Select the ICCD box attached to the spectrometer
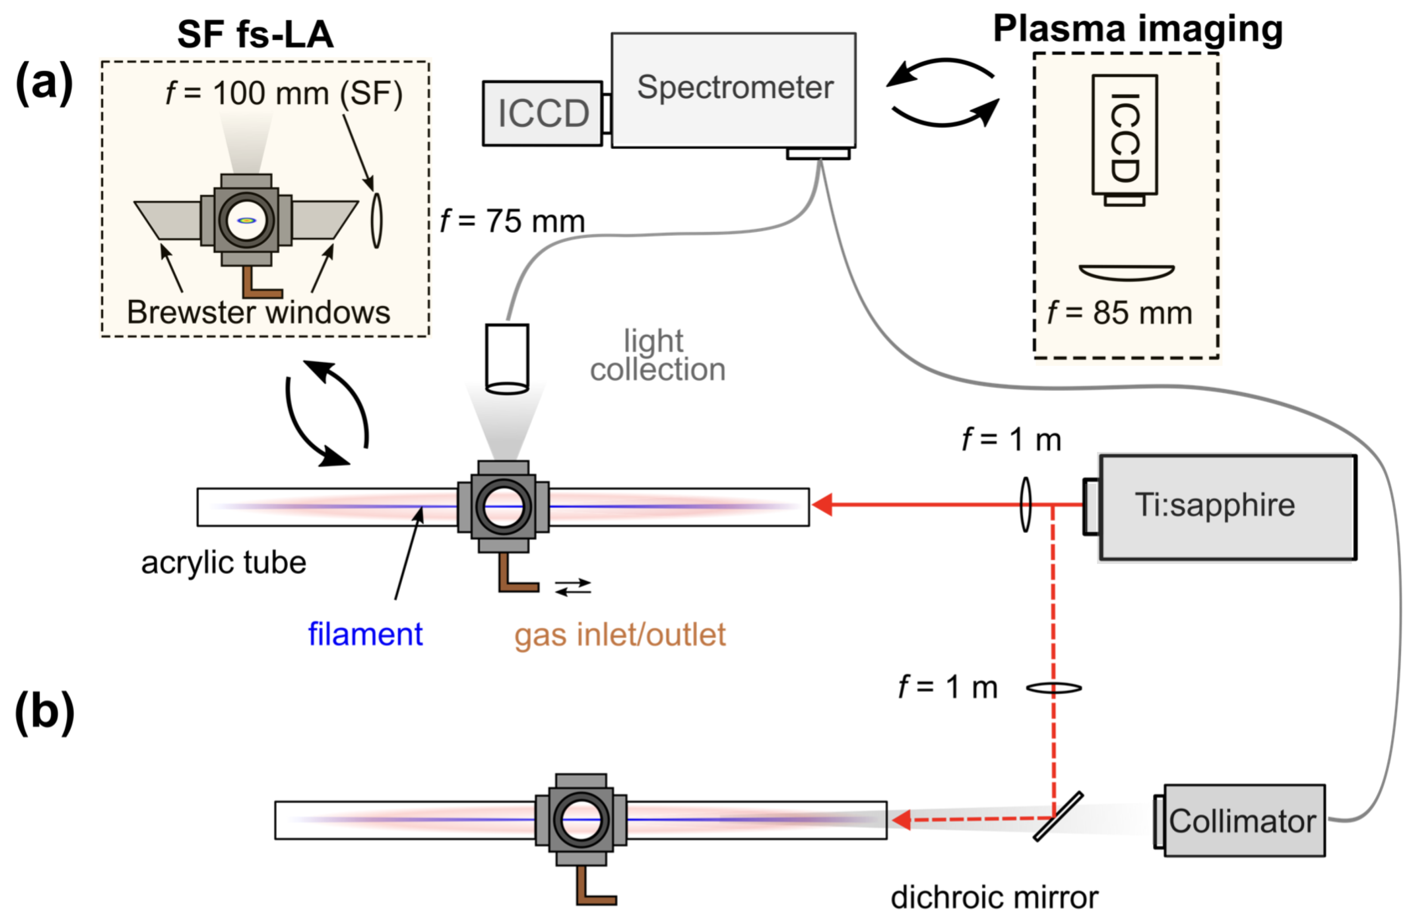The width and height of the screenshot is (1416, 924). click(x=542, y=113)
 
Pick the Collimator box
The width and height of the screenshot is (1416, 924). click(x=1244, y=821)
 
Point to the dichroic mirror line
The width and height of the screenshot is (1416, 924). click(x=1058, y=816)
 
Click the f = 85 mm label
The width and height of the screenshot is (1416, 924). click(x=1119, y=313)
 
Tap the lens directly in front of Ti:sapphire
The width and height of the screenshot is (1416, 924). click(x=1025, y=505)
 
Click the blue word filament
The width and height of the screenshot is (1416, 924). click(x=365, y=634)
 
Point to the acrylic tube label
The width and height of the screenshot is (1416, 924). click(x=223, y=562)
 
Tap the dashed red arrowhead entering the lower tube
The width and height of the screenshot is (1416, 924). click(x=901, y=820)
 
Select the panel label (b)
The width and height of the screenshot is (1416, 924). click(x=44, y=712)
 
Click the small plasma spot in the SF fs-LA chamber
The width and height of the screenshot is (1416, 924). click(x=246, y=220)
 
